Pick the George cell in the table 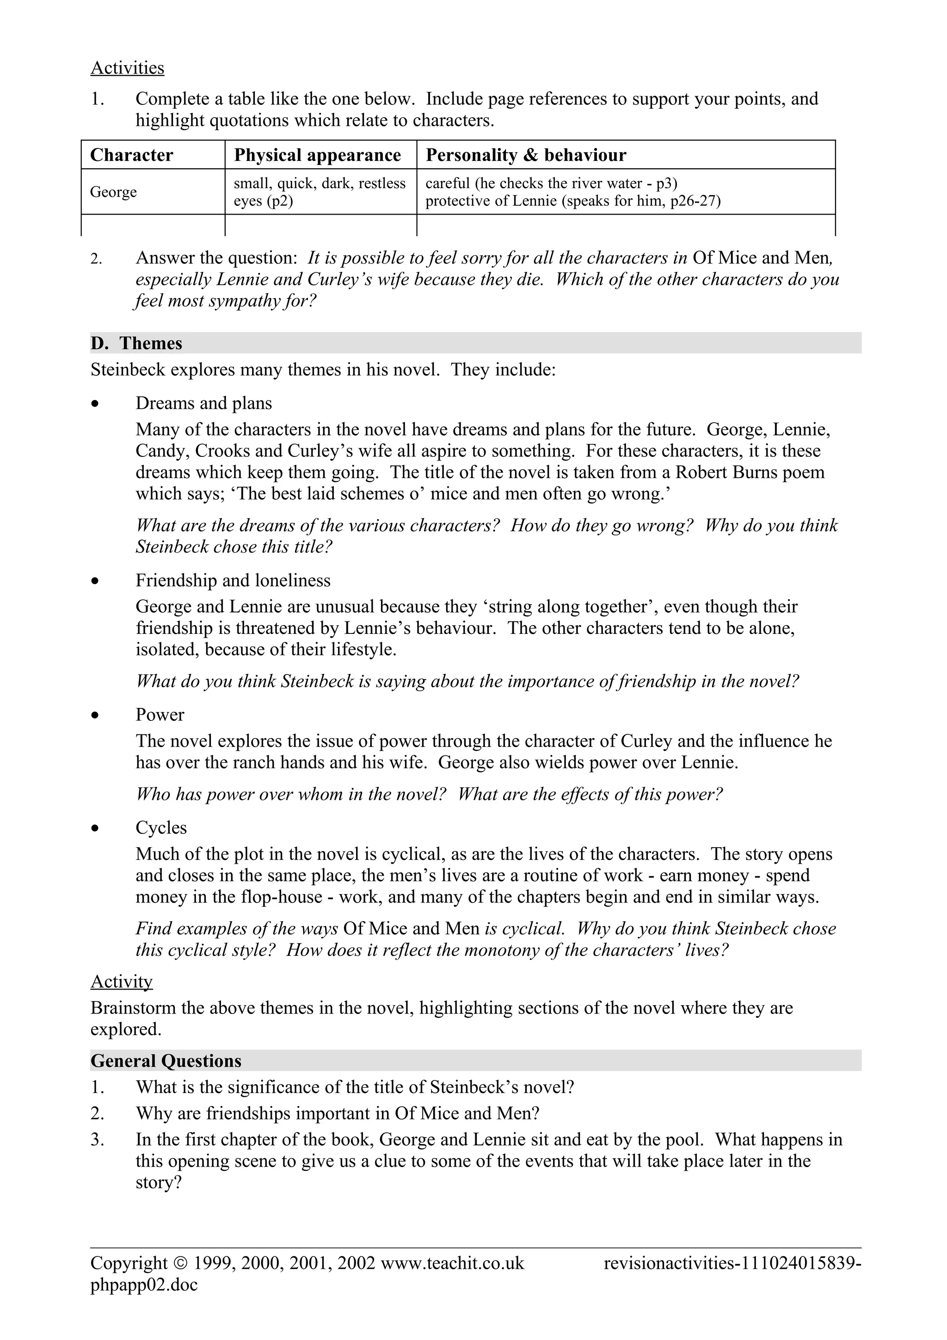(x=113, y=192)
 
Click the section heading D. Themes (x=136, y=343)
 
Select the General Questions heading (x=166, y=1060)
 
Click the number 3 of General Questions (x=96, y=1139)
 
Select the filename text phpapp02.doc (x=143, y=1285)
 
